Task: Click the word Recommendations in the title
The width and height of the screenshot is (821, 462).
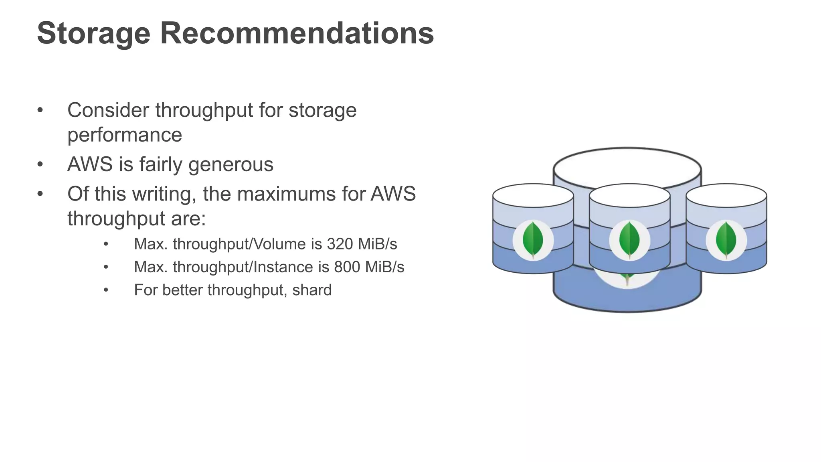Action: (x=297, y=33)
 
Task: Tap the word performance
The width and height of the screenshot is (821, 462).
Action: (x=125, y=135)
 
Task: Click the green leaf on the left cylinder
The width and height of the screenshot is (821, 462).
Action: (x=533, y=239)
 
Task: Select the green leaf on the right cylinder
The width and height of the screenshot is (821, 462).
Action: (x=726, y=239)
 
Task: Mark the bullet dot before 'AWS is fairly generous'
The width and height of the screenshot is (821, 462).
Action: (x=40, y=164)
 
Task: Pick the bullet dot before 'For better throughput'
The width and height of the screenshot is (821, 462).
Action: (x=106, y=290)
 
